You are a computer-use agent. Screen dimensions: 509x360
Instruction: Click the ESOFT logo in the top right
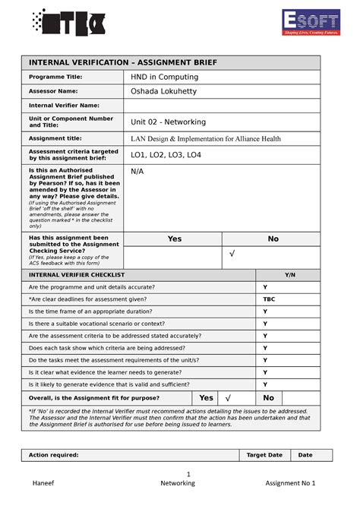click(x=311, y=23)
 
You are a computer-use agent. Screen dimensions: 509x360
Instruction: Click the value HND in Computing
click(x=165, y=77)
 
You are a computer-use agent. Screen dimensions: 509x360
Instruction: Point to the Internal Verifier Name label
click(x=64, y=106)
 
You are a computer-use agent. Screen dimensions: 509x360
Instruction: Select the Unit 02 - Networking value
click(x=168, y=122)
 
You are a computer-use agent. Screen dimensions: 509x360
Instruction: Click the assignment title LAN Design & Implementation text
click(x=205, y=139)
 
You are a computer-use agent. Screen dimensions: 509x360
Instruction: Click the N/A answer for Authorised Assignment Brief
click(x=137, y=172)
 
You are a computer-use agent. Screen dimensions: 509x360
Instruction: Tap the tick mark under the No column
click(x=232, y=253)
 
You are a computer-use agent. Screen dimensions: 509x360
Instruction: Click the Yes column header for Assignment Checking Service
click(x=174, y=239)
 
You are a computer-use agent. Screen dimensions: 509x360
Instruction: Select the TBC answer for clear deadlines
click(x=270, y=299)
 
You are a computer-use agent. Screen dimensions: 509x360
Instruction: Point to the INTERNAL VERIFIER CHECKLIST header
click(x=76, y=274)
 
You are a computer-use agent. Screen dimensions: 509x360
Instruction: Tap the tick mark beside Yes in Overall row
click(x=227, y=397)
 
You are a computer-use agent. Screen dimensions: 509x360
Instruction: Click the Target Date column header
click(x=264, y=455)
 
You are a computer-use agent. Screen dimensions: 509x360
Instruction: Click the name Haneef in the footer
click(x=43, y=485)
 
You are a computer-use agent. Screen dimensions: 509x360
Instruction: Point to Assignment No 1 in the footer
click(x=290, y=485)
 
